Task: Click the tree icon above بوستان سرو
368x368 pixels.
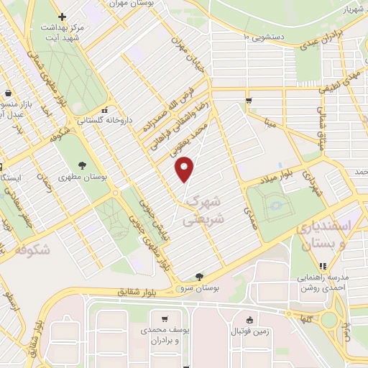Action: [198, 276]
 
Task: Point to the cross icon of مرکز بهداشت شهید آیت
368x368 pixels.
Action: [63, 17]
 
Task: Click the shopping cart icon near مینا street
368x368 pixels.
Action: [248, 101]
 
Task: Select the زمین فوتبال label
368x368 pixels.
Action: [249, 331]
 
